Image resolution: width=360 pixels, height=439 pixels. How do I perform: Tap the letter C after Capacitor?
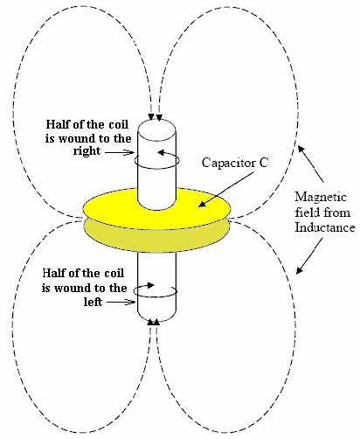click(x=263, y=162)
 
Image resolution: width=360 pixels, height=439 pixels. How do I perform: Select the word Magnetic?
click(x=321, y=197)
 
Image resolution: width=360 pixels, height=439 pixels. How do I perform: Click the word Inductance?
click(x=325, y=227)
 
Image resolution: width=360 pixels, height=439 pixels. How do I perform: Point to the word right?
click(x=87, y=151)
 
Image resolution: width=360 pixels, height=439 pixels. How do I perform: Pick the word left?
click(x=93, y=302)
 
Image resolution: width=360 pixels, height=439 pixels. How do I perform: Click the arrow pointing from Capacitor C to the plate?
click(x=225, y=191)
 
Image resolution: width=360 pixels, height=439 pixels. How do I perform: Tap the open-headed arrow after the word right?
click(x=119, y=152)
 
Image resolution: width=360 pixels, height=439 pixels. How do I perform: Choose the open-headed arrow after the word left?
click(x=121, y=303)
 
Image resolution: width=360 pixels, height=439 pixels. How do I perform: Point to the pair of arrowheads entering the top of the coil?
click(x=155, y=117)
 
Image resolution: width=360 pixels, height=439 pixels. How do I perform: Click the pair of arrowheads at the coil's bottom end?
click(x=154, y=322)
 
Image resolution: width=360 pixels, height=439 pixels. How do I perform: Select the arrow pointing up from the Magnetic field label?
click(x=310, y=164)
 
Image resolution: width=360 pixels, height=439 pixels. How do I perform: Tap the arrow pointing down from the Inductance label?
click(x=309, y=256)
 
